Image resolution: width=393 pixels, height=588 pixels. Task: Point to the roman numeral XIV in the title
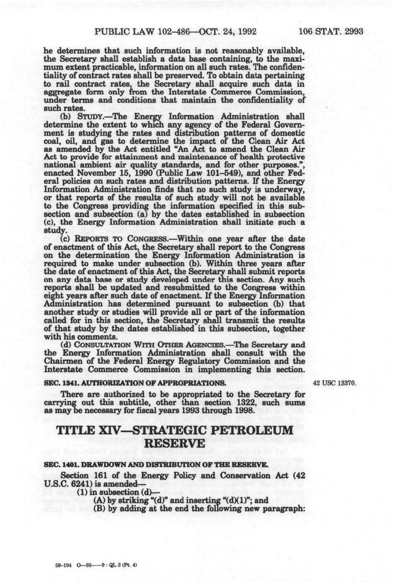pos(111,430)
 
